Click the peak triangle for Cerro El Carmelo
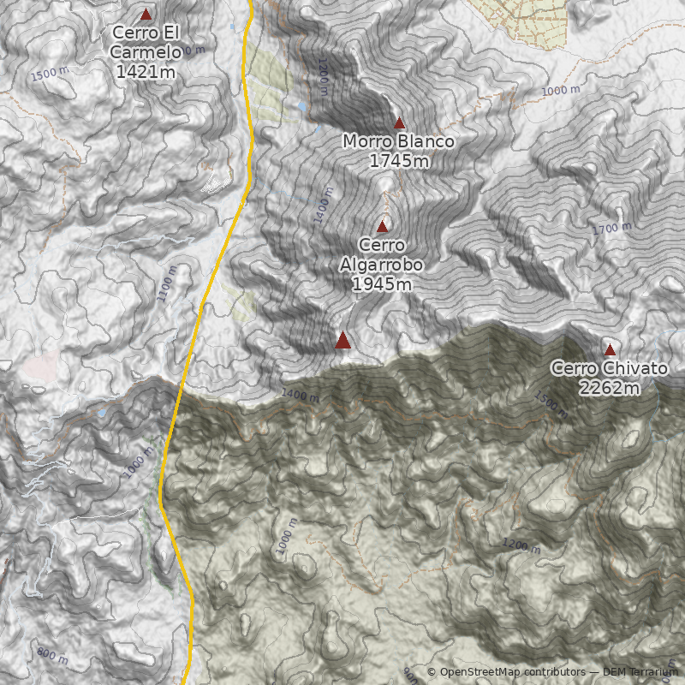click(x=146, y=15)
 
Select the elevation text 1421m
click(x=146, y=72)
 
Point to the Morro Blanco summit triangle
click(x=399, y=123)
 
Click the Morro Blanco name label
click(x=398, y=141)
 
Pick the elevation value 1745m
click(x=399, y=160)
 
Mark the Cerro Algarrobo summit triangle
click(x=382, y=227)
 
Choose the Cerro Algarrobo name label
click(x=382, y=255)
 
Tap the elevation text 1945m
click(x=382, y=284)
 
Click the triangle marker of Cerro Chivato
click(x=610, y=349)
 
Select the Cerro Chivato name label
click(x=609, y=369)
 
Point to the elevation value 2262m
click(x=609, y=389)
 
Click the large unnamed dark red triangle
click(x=342, y=341)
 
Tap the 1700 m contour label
click(x=611, y=229)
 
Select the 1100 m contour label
click(x=167, y=283)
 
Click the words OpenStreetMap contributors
click(x=512, y=672)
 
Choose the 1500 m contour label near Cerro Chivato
click(x=550, y=403)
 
